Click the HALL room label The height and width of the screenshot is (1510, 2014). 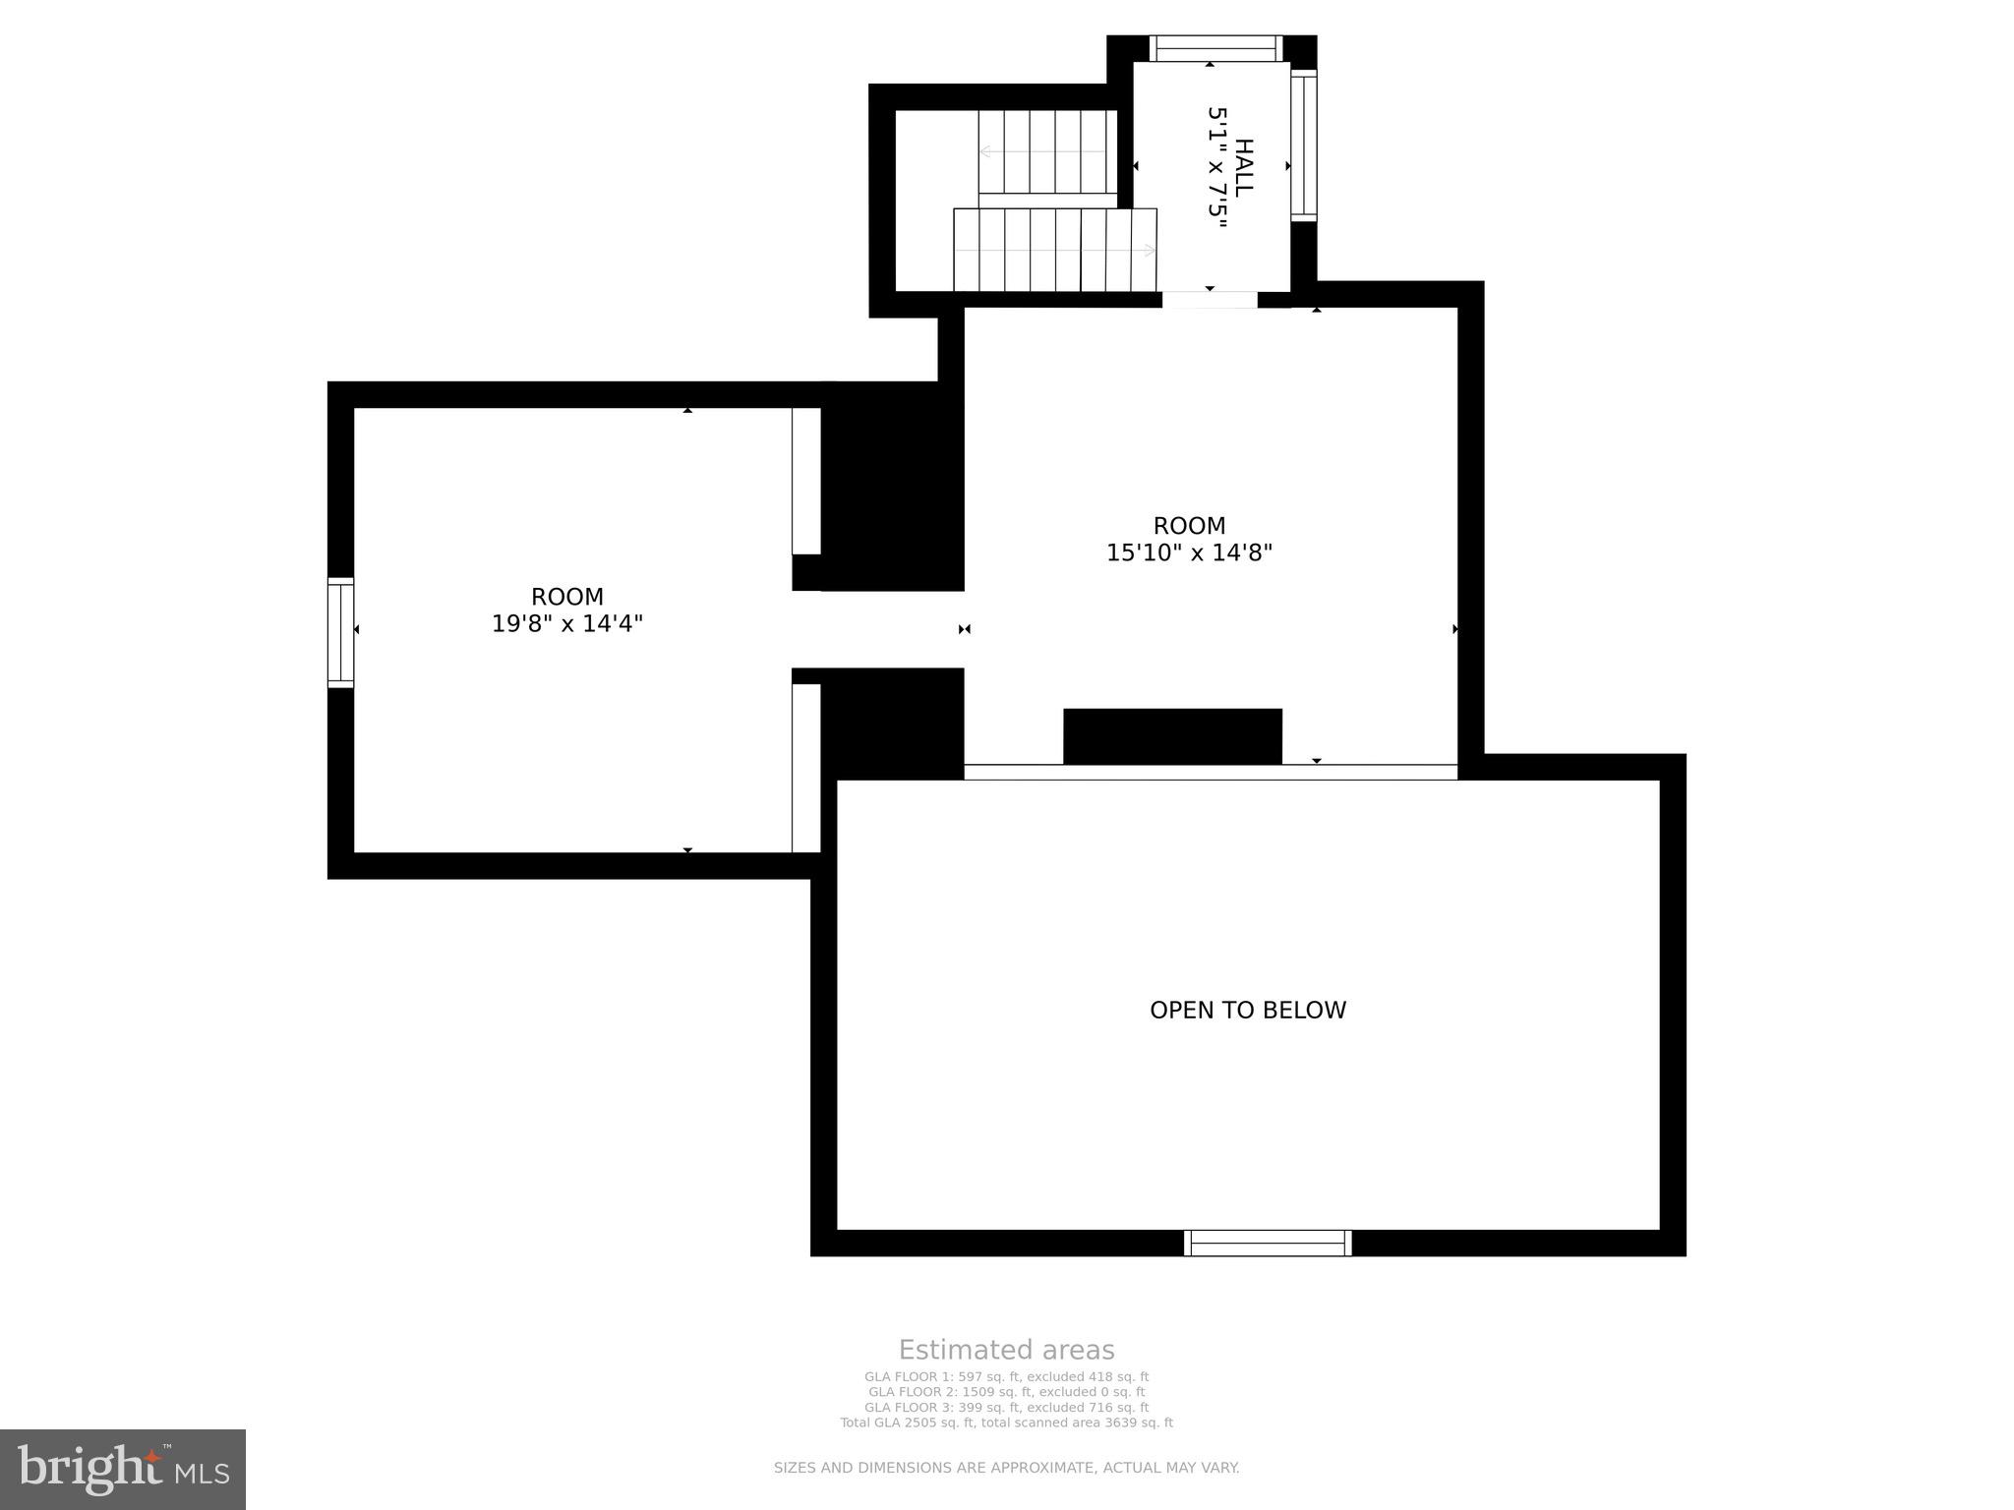pyautogui.click(x=1244, y=167)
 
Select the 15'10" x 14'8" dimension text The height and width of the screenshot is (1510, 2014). pyautogui.click(x=1189, y=552)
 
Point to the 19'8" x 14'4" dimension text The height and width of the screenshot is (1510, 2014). pyautogui.click(x=567, y=623)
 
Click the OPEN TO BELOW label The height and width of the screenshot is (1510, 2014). pyautogui.click(x=1248, y=1010)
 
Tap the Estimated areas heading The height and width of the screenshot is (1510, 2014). pyautogui.click(x=1006, y=1350)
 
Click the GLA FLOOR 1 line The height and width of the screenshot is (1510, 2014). pyautogui.click(x=1006, y=1377)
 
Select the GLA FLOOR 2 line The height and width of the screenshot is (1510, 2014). pyautogui.click(x=1006, y=1392)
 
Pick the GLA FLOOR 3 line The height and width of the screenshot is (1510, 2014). pyautogui.click(x=1006, y=1408)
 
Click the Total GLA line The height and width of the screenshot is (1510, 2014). pyautogui.click(x=1006, y=1423)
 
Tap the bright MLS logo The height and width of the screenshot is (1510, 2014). pyautogui.click(x=123, y=1470)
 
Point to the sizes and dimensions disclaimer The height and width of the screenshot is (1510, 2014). pyautogui.click(x=1006, y=1468)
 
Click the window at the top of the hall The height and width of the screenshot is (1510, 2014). pyautogui.click(x=1216, y=48)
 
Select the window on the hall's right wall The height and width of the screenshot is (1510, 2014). pyautogui.click(x=1303, y=145)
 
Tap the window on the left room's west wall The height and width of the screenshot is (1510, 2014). pyautogui.click(x=340, y=632)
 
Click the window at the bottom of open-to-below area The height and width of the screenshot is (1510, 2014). pyautogui.click(x=1268, y=1243)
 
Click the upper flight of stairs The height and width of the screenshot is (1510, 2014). pyautogui.click(x=1048, y=151)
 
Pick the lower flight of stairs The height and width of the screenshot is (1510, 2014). pyautogui.click(x=1055, y=250)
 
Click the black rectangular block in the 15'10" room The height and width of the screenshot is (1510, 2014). pyautogui.click(x=1173, y=736)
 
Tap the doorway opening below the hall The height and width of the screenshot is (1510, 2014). pyautogui.click(x=1210, y=300)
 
